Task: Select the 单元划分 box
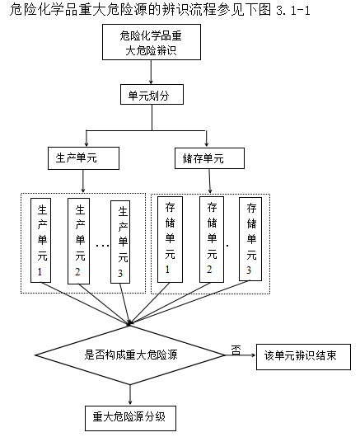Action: pyautogui.click(x=152, y=95)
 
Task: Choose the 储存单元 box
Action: pyautogui.click(x=211, y=157)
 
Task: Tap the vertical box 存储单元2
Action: pyautogui.click(x=212, y=238)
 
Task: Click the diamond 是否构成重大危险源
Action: pyautogui.click(x=130, y=355)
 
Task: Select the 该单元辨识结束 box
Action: pyautogui.click(x=303, y=356)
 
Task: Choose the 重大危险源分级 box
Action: pyautogui.click(x=129, y=416)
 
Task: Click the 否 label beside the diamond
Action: pyautogui.click(x=236, y=350)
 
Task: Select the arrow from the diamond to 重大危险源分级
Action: pyautogui.click(x=130, y=392)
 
